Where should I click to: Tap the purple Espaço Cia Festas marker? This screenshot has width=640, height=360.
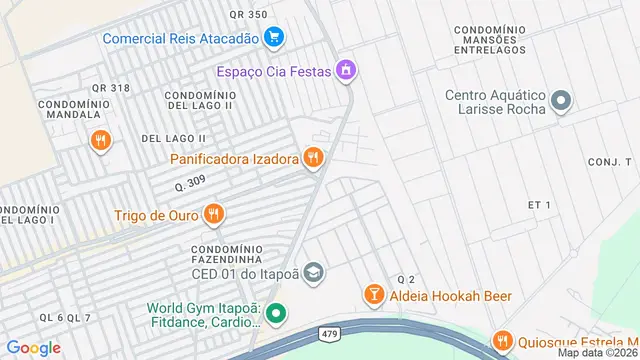point(346,71)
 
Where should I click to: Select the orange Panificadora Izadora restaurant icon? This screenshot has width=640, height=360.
point(314,158)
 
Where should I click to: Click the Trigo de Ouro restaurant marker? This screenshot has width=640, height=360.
point(213,215)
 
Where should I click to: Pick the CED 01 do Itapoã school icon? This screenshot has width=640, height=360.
point(314,272)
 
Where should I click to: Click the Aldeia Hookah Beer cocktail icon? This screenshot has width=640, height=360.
point(374,296)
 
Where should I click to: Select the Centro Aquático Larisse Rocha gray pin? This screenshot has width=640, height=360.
point(561,100)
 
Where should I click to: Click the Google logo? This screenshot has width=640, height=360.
point(33,348)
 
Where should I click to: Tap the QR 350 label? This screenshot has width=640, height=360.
point(248,14)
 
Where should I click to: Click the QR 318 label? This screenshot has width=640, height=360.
point(111,88)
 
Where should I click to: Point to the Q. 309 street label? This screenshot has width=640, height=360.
point(190,184)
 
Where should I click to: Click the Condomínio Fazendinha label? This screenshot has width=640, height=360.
point(228,254)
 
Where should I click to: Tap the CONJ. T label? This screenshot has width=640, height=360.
point(610,161)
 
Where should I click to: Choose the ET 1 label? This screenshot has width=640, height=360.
point(540,204)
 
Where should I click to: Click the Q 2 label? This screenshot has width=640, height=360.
point(405,278)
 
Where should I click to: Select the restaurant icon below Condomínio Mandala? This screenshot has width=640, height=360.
point(99,141)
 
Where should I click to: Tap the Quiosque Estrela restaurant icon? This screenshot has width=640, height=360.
point(502,341)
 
